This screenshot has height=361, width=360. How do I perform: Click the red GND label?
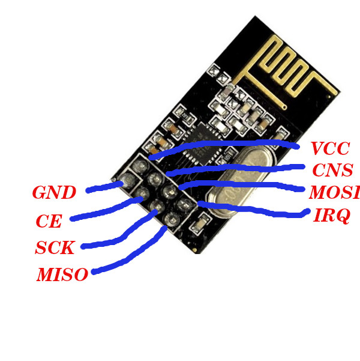tap(54, 193)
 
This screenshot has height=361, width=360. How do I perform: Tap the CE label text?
tap(49, 222)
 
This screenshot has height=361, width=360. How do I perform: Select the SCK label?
tap(55, 247)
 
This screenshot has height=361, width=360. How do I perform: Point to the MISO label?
tap(62, 275)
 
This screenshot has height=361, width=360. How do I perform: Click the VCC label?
tap(329, 148)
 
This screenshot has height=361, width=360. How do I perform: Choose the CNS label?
tap(332, 170)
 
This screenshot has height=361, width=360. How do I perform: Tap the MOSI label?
tap(334, 193)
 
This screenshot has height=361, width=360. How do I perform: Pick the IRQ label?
tap(331, 216)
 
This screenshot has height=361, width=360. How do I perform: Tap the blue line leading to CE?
tap(102, 211)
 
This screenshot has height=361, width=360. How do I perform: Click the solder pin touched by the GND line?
tap(127, 182)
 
